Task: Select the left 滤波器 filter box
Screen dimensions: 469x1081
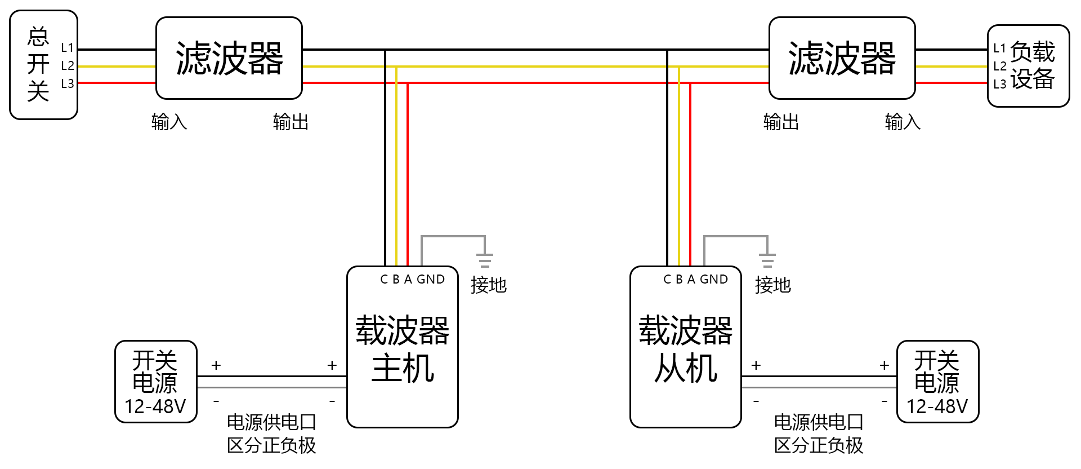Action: [229, 58]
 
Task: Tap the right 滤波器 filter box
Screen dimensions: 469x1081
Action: [842, 58]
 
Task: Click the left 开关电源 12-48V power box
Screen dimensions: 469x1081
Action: [155, 382]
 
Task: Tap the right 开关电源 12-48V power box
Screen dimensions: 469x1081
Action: [937, 382]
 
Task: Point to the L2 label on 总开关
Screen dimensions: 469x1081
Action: [68, 66]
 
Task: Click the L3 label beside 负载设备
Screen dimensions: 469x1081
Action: [1000, 85]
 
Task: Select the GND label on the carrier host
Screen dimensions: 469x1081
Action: [431, 280]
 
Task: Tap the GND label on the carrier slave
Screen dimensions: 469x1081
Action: [714, 280]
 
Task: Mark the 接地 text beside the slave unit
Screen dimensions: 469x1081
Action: [772, 285]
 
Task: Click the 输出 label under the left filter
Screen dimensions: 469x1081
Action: [291, 122]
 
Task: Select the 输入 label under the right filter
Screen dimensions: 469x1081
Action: [903, 122]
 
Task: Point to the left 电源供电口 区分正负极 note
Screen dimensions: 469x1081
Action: [271, 433]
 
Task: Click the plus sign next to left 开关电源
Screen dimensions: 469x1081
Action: [216, 366]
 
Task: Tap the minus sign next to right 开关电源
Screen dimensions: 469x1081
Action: [885, 401]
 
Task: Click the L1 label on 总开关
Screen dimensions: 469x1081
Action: [68, 48]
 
